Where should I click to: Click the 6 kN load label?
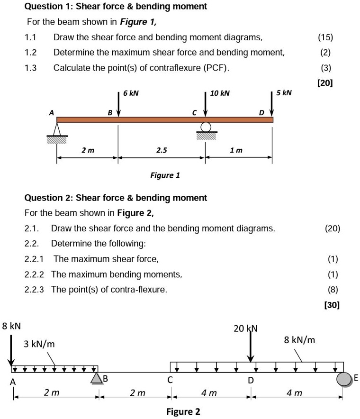click(x=131, y=93)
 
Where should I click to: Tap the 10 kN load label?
click(x=220, y=93)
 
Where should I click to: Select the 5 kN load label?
click(x=284, y=92)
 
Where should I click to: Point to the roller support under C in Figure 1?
click(x=206, y=127)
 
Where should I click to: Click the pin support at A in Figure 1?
click(x=57, y=130)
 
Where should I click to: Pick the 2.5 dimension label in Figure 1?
click(x=162, y=150)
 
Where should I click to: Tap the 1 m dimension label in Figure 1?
click(x=236, y=150)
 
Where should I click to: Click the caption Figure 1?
click(x=165, y=175)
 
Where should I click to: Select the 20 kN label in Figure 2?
click(x=245, y=328)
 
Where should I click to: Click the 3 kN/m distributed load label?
click(x=39, y=344)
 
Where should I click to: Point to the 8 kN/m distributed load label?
click(x=299, y=340)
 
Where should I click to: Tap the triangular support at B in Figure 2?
click(x=96, y=378)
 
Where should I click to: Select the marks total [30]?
click(x=332, y=305)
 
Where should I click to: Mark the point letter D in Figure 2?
click(x=251, y=381)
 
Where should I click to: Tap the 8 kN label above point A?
click(x=11, y=326)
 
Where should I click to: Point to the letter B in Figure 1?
click(x=110, y=113)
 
